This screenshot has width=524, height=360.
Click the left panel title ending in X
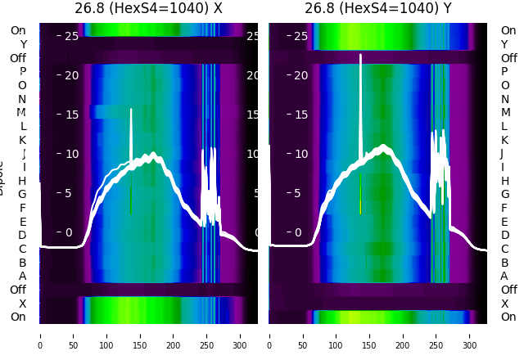[148, 9]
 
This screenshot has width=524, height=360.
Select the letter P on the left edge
[22, 72]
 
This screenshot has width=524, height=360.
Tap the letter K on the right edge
[504, 140]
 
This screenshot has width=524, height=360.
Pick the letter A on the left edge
[22, 276]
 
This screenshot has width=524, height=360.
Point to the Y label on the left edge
[23, 45]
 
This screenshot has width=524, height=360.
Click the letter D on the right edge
[504, 236]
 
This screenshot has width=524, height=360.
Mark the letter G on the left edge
[22, 194]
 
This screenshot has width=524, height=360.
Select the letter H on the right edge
[504, 181]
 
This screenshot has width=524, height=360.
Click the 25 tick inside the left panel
[70, 36]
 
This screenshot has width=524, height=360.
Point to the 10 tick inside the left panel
[70, 154]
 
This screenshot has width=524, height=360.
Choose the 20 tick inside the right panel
[300, 75]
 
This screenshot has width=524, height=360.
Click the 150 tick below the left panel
[140, 335]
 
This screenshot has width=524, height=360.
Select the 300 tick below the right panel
[470, 335]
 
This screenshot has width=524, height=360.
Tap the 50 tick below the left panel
[73, 335]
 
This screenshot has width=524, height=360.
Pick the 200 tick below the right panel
[403, 335]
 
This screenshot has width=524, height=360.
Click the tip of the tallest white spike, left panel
[131, 109]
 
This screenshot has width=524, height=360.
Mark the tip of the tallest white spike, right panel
[360, 56]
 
